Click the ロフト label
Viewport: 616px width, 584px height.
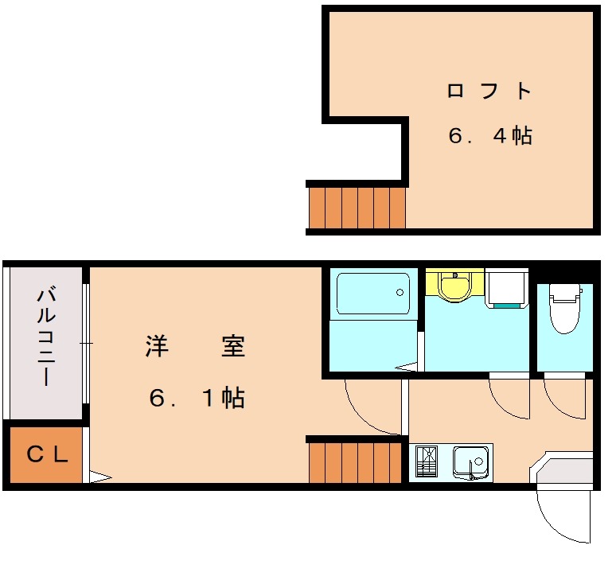coord(489,91)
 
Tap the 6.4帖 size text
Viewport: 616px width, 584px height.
coord(490,135)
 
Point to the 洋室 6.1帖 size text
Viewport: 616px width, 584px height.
coord(197,398)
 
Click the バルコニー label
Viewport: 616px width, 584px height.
coord(46,337)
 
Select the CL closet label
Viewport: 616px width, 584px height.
coord(48,455)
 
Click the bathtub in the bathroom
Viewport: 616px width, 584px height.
coord(373,294)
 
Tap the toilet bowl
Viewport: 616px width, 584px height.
coord(565,309)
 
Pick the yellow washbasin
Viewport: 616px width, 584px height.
coord(454,286)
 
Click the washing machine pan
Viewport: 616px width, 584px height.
coord(506,288)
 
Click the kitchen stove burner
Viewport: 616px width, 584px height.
coord(427,461)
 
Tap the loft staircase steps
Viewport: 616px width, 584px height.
coord(357,208)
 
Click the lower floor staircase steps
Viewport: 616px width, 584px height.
coord(356,462)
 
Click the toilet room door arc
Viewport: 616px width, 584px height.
coord(558,409)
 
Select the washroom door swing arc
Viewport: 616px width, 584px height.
coord(502,408)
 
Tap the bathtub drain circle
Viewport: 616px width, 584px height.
coord(400,292)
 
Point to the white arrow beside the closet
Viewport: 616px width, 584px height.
coord(100,477)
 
